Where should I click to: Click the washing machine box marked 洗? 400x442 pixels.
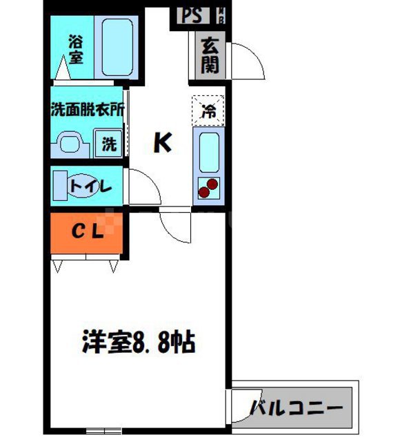pos(109,144)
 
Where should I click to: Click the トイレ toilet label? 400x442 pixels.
pos(89,186)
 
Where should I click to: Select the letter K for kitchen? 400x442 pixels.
pos(162,143)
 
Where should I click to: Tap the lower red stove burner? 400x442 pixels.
pos(204,193)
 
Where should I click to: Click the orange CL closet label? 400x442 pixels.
pos(88,232)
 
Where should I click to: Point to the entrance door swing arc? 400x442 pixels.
pos(252,59)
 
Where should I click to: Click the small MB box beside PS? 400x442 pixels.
pos(222,15)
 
